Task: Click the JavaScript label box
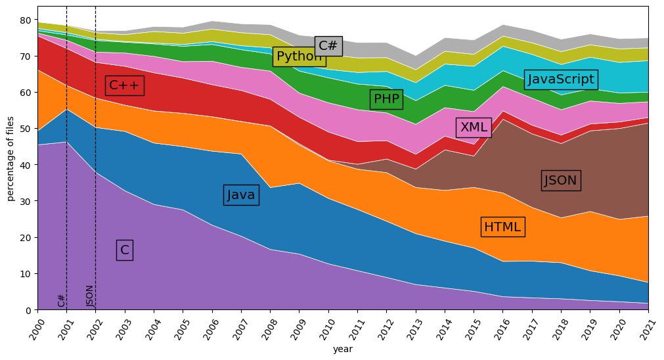561,79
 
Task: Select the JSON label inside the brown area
560,181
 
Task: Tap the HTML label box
502,227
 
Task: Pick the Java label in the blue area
241,195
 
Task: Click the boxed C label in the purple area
125,250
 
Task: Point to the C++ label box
125,85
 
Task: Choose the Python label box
299,56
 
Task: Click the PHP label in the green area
386,100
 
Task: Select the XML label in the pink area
474,127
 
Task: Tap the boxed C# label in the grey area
328,46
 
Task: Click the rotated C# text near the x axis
62,300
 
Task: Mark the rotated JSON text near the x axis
91,296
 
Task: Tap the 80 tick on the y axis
27,20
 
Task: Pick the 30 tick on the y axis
27,202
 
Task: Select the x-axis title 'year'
342,349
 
